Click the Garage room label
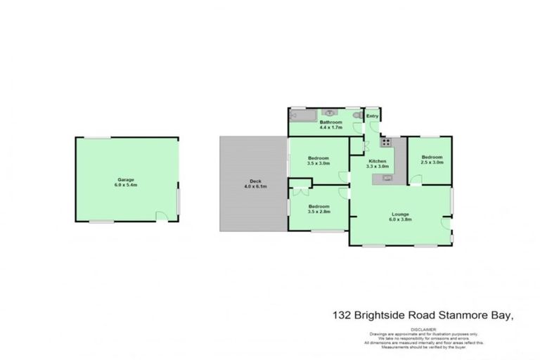click(x=126, y=179)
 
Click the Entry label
click(x=372, y=117)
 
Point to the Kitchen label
click(x=378, y=161)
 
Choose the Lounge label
click(x=401, y=214)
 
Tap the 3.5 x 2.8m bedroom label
click(x=319, y=207)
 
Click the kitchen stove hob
click(x=386, y=143)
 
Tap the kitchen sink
click(x=387, y=179)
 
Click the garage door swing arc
click(x=162, y=217)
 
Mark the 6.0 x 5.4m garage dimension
click(x=126, y=185)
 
